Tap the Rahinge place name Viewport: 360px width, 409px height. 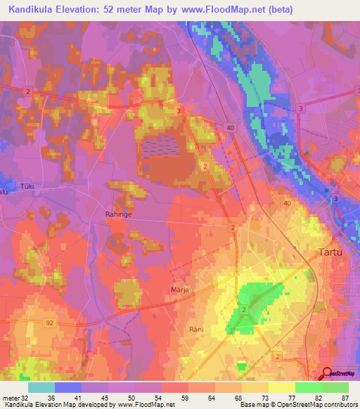click(x=118, y=214)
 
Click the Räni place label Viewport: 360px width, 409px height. click(x=196, y=329)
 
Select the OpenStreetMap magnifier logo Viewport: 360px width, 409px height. click(x=328, y=374)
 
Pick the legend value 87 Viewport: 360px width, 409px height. click(x=344, y=397)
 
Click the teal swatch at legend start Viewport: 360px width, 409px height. click(x=41, y=387)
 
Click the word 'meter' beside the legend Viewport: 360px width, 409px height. click(x=11, y=397)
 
